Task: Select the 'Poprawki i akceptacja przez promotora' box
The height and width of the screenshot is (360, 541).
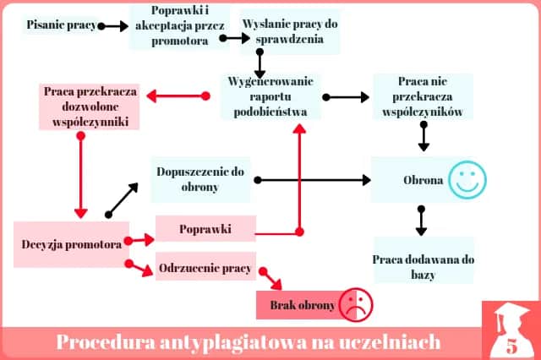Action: point(180,25)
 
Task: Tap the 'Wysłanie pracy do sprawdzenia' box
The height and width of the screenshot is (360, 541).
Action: point(289,31)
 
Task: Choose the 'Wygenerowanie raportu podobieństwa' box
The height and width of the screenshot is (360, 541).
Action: point(271,96)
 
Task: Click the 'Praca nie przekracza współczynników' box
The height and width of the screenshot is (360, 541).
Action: point(421,96)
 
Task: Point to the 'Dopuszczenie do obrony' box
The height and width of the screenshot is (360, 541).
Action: point(200,178)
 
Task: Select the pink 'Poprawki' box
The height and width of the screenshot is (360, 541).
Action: point(205,229)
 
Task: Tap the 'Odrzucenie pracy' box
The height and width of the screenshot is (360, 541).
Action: point(205,269)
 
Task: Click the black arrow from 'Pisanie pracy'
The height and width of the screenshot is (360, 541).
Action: point(112,26)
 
